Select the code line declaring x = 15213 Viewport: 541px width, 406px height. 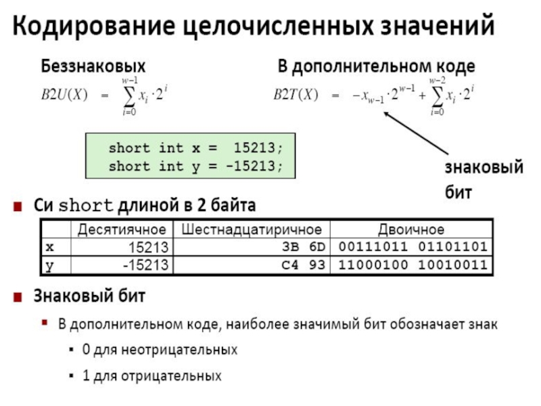pos(192,148)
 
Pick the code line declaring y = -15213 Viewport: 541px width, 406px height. pos(192,166)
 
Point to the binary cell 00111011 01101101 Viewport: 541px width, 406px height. pos(413,246)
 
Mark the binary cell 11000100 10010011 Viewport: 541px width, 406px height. pos(413,265)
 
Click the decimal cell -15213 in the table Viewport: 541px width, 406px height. pos(145,265)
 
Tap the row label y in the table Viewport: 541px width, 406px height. pos(49,265)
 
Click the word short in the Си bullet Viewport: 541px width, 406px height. pos(89,204)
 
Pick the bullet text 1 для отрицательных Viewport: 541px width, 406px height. pos(152,374)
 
